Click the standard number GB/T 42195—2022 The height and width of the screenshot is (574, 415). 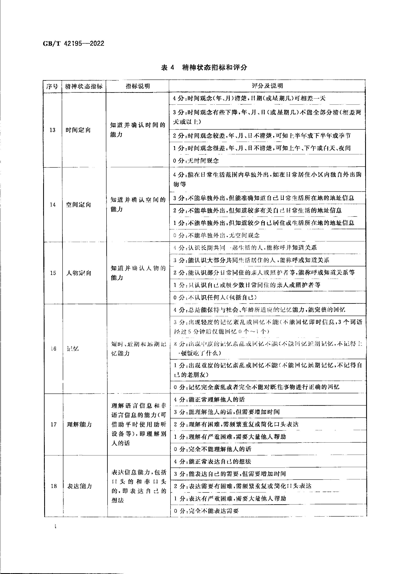[x=73, y=44]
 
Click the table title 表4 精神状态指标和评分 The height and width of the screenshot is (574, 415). [x=204, y=68]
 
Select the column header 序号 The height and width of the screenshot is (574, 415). [x=52, y=86]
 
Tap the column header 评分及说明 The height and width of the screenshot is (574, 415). [x=267, y=86]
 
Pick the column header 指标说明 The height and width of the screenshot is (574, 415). [x=138, y=86]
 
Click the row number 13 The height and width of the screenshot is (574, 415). [x=52, y=130]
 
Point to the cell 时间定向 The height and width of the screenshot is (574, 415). [x=78, y=130]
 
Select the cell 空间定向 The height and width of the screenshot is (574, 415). [x=79, y=204]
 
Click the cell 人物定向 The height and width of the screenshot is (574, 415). [x=79, y=273]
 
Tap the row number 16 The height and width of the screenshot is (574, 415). [x=53, y=349]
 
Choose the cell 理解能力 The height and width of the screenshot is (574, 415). [x=79, y=424]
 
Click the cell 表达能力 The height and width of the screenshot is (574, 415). [x=79, y=486]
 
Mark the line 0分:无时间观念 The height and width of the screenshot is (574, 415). [x=196, y=161]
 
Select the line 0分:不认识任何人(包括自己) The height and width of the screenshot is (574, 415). [x=215, y=297]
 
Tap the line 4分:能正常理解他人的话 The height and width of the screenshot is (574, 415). [x=209, y=400]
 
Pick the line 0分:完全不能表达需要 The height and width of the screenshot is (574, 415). [x=206, y=511]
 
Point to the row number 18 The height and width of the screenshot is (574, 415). [x=54, y=486]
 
